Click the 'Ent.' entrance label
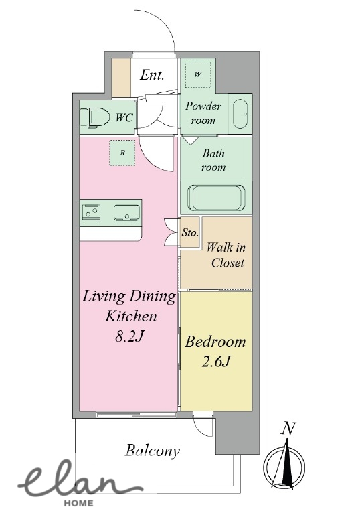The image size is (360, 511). point(152,75)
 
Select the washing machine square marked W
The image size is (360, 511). point(198,74)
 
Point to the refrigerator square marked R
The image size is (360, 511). point(122,153)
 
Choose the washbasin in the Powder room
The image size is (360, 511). point(240,114)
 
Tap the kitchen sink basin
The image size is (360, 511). point(126,213)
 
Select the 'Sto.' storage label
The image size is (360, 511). point(190,232)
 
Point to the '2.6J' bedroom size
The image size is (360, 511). point(216,362)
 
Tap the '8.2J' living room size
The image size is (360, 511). point(129,336)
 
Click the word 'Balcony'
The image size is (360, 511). point(153,451)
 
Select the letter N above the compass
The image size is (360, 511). point(288,429)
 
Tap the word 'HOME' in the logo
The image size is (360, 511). point(78,503)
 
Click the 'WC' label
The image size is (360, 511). point(124,117)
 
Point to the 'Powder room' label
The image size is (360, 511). point(203,113)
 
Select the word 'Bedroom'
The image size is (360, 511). point(215,342)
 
